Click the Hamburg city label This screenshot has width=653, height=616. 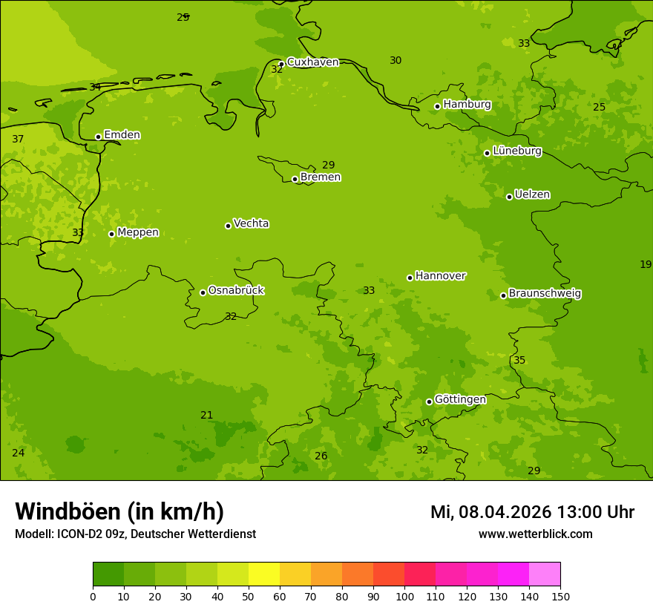[x=467, y=105]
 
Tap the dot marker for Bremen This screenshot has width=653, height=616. [x=295, y=179]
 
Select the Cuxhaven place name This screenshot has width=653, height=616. [x=312, y=62]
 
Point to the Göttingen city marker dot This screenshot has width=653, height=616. [x=429, y=402]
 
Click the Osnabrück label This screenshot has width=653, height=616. [x=236, y=290]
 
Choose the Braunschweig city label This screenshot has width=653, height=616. [x=545, y=293]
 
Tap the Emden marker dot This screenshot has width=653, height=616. [x=98, y=137]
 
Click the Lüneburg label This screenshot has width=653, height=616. [x=516, y=151]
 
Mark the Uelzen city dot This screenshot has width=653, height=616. [x=509, y=197]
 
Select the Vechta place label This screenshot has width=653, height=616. [x=251, y=223]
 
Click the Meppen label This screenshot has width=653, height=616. [x=138, y=232]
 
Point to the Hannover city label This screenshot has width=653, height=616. [x=440, y=276]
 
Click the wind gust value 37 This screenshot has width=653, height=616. [x=19, y=140]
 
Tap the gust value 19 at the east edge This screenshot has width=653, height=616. [x=646, y=264]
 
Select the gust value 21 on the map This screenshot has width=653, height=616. [x=207, y=415]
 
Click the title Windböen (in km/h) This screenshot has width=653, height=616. [x=119, y=511]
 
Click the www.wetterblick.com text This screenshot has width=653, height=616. [x=535, y=534]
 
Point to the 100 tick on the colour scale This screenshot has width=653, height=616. [x=404, y=596]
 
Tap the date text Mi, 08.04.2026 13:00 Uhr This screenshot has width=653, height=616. [x=532, y=512]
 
